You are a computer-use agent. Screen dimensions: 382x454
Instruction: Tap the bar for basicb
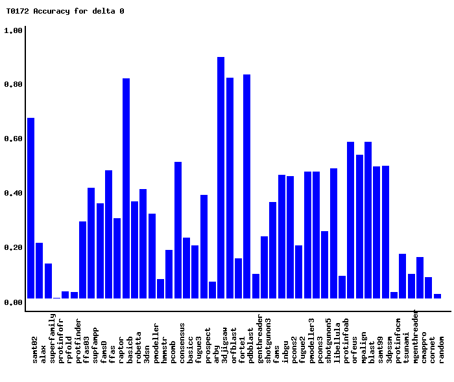coord(126,188)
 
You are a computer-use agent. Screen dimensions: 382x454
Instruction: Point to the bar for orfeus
coord(350,220)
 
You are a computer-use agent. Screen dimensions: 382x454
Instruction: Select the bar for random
coord(437,296)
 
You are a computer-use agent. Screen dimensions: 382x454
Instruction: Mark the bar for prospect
coord(204,247)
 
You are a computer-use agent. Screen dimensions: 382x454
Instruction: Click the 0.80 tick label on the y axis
coord(14,85)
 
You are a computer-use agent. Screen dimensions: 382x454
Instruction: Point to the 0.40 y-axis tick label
coord(14,194)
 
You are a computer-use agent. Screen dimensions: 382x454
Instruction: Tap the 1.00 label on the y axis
coord(14,30)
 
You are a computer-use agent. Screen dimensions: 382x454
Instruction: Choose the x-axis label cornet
coord(433,348)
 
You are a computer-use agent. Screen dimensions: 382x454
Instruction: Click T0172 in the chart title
coord(18,11)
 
